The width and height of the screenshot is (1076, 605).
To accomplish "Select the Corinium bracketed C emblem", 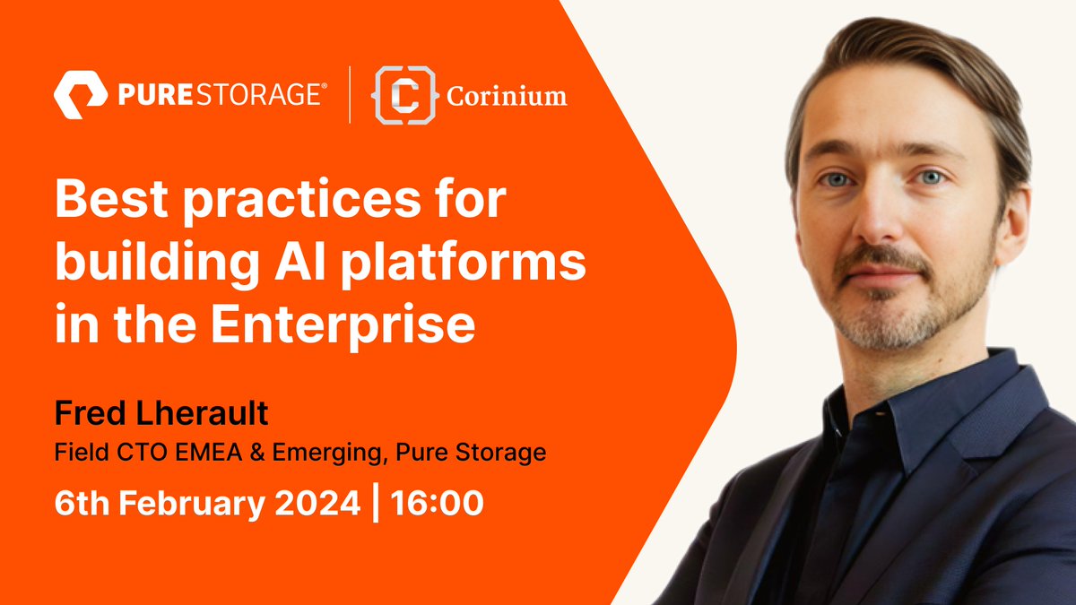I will pyautogui.click(x=395, y=94).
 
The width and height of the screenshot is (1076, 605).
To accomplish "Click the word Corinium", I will pyautogui.click(x=507, y=95).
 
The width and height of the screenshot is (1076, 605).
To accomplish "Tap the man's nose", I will pyautogui.click(x=884, y=220).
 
